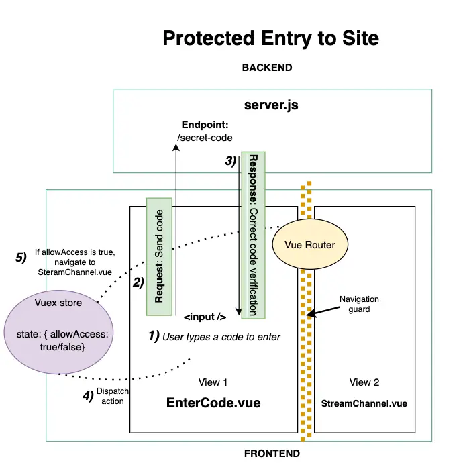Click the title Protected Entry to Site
coord(270,38)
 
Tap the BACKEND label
coord(266,68)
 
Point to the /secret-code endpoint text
coord(204,138)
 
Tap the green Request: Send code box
coord(159,256)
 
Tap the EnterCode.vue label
coord(213,403)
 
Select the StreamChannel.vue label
coord(364,403)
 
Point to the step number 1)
coord(153,336)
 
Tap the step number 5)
coord(21,256)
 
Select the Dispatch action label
coord(112,396)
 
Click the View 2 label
coord(364,382)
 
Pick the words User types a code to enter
coord(221,336)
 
